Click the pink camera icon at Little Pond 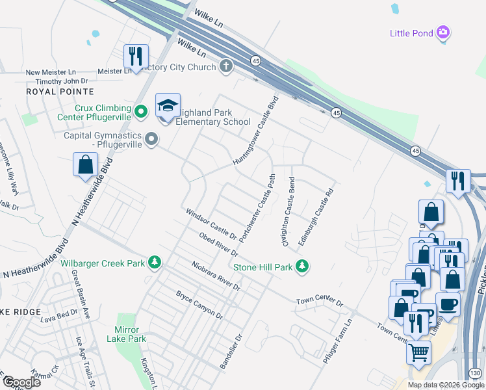tap(444, 32)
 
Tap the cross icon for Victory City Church tap(226, 66)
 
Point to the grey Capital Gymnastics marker tap(152, 138)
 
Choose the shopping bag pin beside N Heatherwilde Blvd tap(85, 165)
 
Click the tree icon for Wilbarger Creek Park tap(155, 263)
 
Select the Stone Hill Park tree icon tap(301, 266)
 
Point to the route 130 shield tap(476, 372)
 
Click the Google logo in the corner tap(21, 382)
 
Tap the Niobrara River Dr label tap(216, 276)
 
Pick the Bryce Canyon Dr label tap(199, 304)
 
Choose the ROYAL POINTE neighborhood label tap(60, 92)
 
